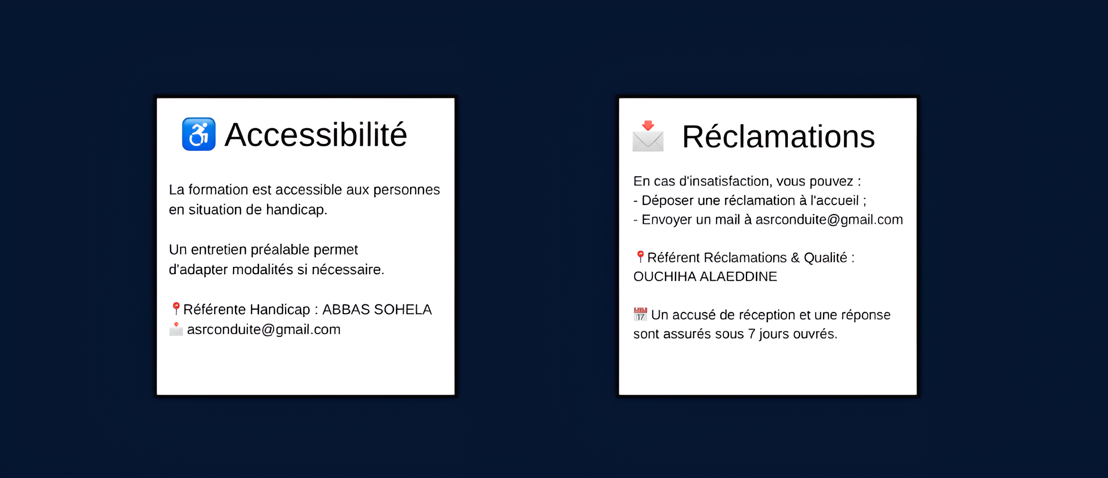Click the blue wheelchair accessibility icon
coord(199,134)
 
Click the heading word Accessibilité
coord(315,135)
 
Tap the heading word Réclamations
coord(778,137)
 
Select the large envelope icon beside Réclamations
coord(648,136)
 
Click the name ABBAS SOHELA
coord(377,309)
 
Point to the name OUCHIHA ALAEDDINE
coord(705,276)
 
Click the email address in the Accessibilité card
coord(264,329)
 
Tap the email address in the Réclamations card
coord(829,220)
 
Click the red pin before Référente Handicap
coord(176,309)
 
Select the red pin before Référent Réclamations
coord(640,257)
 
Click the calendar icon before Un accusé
coord(640,314)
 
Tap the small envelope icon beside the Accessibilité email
coord(176,329)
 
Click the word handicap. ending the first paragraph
coord(296,210)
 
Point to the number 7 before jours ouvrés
coord(751,334)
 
